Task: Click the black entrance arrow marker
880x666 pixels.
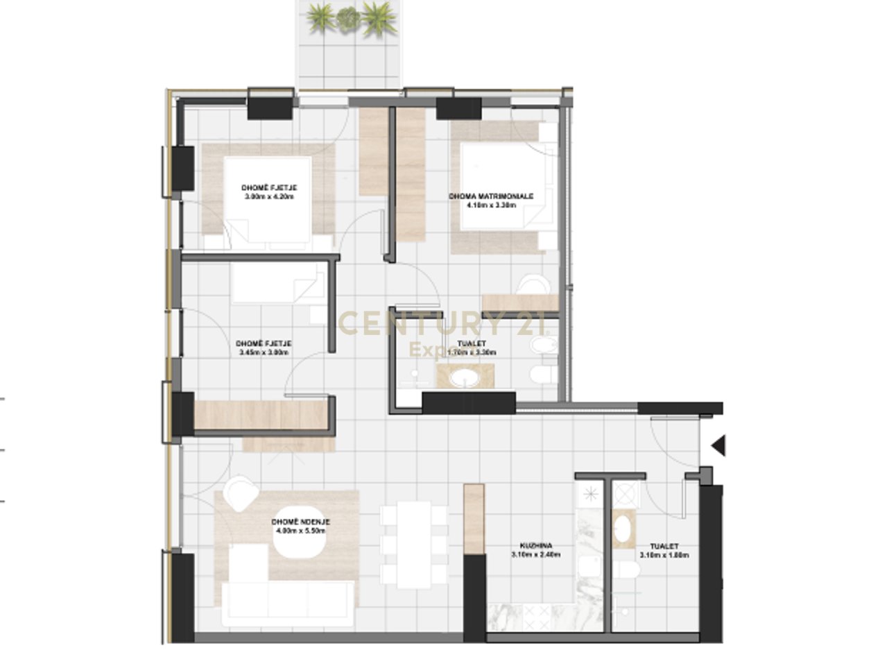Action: point(719,445)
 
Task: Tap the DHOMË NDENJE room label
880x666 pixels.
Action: point(300,522)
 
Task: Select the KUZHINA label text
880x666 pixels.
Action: point(535,546)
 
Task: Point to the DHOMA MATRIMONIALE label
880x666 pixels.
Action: point(491,196)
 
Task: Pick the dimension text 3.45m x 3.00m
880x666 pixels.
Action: point(263,352)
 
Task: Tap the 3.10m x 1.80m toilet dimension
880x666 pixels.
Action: point(664,555)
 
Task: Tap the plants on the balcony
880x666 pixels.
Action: point(350,17)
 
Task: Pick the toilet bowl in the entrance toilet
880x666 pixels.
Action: point(627,573)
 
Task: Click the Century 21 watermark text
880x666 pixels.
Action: point(443,324)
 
